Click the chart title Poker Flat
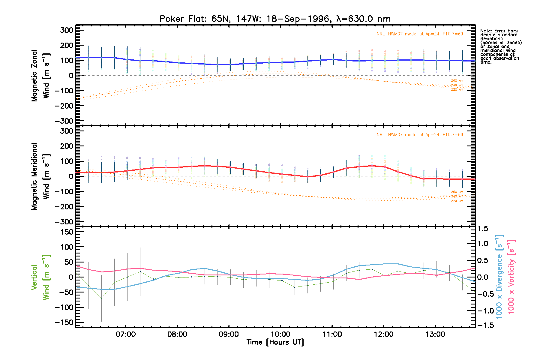pyautogui.click(x=275, y=19)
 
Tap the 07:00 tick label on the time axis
pyautogui.click(x=126, y=334)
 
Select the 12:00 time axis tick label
pyautogui.click(x=384, y=334)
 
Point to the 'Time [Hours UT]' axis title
pyautogui.click(x=275, y=342)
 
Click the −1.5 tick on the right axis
pyautogui.click(x=484, y=325)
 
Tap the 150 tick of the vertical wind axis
pyautogui.click(x=65, y=232)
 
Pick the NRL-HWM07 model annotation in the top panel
pyautogui.click(x=420, y=34)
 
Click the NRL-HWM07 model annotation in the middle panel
pyautogui.click(x=420, y=135)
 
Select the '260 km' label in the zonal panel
pyautogui.click(x=457, y=81)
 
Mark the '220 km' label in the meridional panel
pyautogui.click(x=457, y=201)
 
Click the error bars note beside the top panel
pyautogui.click(x=501, y=46)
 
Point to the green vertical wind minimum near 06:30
pyautogui.click(x=101, y=298)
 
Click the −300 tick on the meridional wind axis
pyautogui.click(x=64, y=222)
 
